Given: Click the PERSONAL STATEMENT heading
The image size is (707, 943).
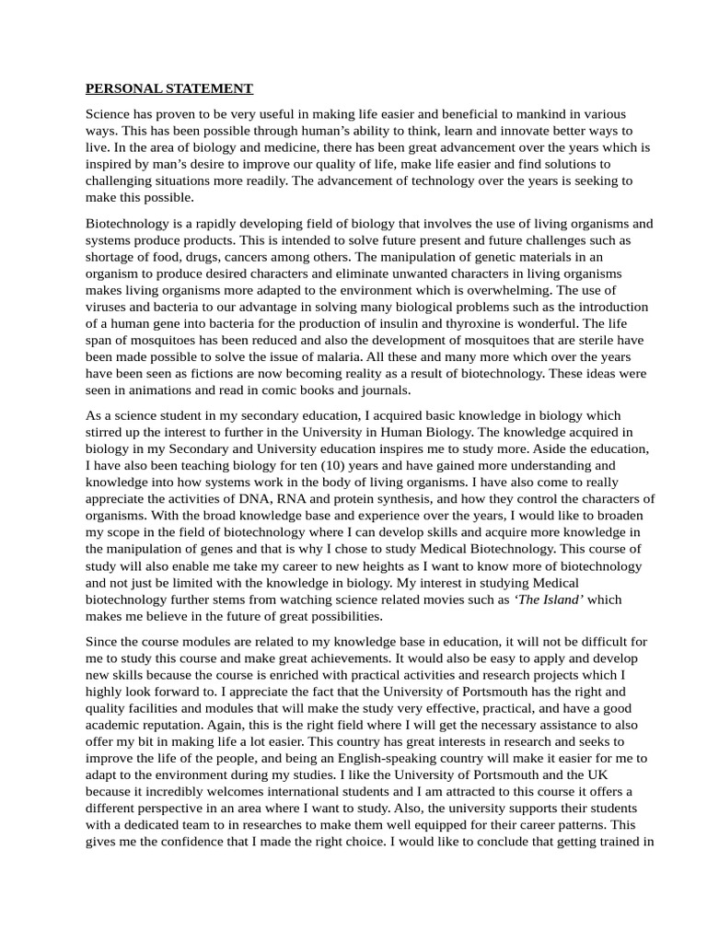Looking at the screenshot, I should [168, 89].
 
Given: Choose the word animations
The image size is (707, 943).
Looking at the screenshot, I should [165, 390].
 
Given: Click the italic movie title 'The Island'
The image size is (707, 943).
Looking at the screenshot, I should [549, 600].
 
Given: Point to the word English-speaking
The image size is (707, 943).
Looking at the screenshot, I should [381, 758].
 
